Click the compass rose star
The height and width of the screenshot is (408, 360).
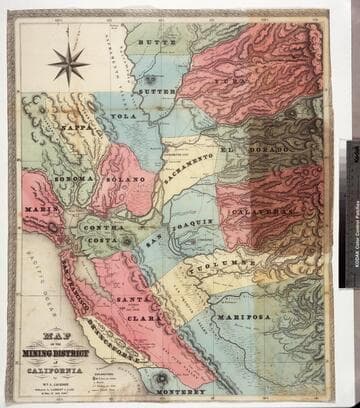click(x=69, y=63)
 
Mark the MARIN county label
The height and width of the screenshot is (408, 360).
click(x=38, y=208)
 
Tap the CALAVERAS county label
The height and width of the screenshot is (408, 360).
click(x=264, y=212)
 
